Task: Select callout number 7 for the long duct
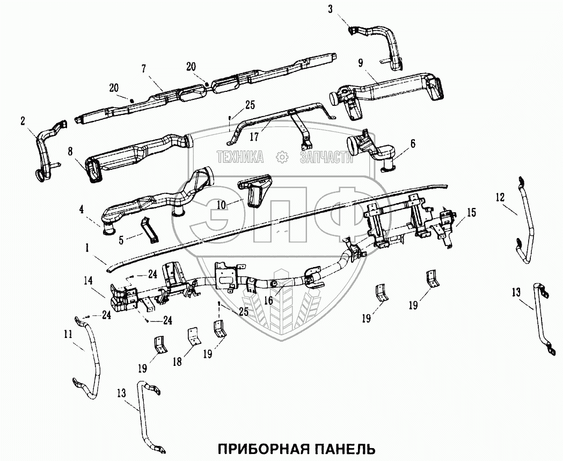tap(143, 68)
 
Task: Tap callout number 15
tap(471, 213)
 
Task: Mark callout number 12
tap(500, 198)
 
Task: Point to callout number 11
tap(68, 334)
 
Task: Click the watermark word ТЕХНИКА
tap(239, 157)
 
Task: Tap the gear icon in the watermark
tap(281, 157)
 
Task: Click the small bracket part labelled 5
tap(149, 230)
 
